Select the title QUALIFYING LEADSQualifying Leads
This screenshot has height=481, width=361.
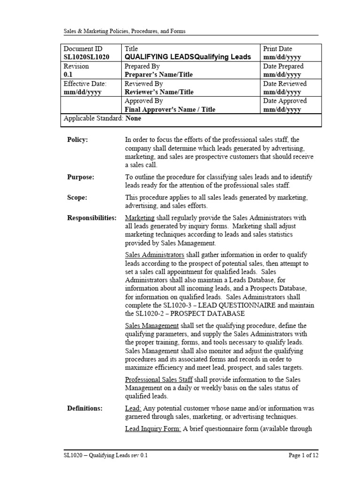(188, 57)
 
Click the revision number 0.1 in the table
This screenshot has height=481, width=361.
(68, 74)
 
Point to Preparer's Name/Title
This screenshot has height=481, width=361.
(159, 74)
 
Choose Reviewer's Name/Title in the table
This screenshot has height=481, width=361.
(159, 92)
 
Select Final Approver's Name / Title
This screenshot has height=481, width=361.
(170, 109)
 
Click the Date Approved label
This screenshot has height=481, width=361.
(285, 101)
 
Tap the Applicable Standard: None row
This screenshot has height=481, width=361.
(102, 118)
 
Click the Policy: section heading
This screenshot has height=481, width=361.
(78, 140)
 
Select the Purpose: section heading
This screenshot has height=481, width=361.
(80, 177)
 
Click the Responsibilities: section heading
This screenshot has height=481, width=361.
(92, 218)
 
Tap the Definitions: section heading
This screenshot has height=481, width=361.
(85, 409)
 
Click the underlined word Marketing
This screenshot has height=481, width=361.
(140, 218)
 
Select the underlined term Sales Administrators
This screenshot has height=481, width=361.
(155, 255)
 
